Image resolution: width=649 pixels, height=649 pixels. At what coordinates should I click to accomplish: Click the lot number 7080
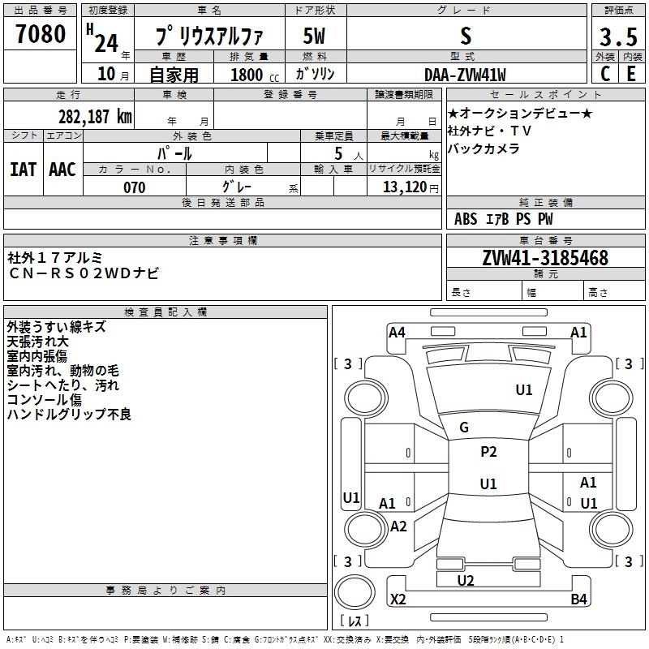click(x=41, y=35)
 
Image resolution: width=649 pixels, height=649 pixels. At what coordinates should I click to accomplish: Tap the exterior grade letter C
click(x=604, y=73)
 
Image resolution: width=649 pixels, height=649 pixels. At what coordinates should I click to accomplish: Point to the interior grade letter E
click(x=631, y=73)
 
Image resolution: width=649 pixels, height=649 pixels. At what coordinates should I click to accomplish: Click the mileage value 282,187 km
click(x=94, y=116)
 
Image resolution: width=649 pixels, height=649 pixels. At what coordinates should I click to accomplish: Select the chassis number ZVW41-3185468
click(x=545, y=258)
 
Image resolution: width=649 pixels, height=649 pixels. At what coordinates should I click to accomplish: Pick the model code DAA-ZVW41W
click(x=464, y=75)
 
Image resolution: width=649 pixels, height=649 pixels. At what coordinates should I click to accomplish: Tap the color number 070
click(x=134, y=187)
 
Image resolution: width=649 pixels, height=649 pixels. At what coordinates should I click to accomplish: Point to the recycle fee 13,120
click(x=406, y=187)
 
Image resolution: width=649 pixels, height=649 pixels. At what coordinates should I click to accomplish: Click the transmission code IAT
click(x=23, y=169)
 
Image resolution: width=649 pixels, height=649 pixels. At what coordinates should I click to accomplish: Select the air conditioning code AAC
click(x=62, y=169)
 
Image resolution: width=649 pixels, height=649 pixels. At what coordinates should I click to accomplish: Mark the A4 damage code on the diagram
click(x=397, y=332)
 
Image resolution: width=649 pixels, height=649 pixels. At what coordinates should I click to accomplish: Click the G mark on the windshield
click(x=464, y=428)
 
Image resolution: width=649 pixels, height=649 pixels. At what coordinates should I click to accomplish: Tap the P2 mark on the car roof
click(x=488, y=452)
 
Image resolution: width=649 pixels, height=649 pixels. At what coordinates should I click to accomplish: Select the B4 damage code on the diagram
click(x=578, y=600)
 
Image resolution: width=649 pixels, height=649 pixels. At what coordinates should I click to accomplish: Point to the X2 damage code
click(x=398, y=600)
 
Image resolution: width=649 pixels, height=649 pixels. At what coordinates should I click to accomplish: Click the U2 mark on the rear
click(x=466, y=580)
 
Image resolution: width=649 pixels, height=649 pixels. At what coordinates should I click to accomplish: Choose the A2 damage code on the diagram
click(x=398, y=526)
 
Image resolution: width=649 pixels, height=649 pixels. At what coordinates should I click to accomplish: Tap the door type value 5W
click(x=314, y=37)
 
